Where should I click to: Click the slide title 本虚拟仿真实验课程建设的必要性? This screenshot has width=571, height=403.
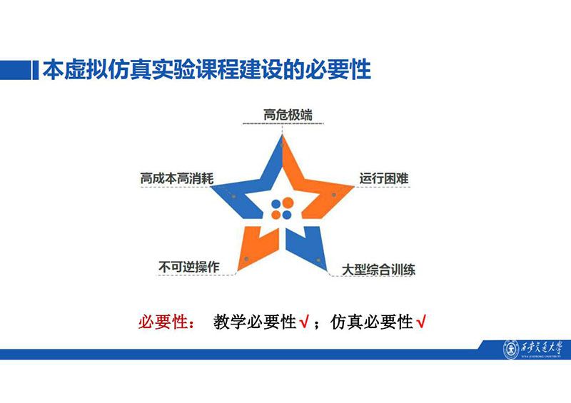tap(207, 69)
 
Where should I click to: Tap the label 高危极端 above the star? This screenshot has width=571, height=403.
tap(288, 115)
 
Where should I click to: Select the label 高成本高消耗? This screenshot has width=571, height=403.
tap(177, 178)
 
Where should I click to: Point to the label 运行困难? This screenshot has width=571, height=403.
tap(384, 178)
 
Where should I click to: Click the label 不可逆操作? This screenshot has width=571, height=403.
tap(189, 267)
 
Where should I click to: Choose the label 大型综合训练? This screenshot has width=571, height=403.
tap(378, 270)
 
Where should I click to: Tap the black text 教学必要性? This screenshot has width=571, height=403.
tap(255, 322)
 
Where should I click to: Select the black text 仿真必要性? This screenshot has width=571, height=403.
tap(372, 322)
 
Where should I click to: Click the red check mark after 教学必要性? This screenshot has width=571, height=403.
tap(304, 322)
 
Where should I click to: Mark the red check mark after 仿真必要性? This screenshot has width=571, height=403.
tap(421, 322)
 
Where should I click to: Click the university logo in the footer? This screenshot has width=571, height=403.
tap(532, 350)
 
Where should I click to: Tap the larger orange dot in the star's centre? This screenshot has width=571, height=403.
tap(288, 203)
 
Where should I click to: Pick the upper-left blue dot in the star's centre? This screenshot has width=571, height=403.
tap(276, 204)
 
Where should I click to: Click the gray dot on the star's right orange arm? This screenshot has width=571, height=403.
tap(333, 195)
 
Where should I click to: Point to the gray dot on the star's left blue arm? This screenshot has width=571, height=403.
tap(233, 196)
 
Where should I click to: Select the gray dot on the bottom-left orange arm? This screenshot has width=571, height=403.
tap(246, 259)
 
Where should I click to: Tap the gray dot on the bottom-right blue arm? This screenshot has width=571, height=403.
tap(318, 260)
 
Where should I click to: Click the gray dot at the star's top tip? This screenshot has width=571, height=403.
tap(282, 145)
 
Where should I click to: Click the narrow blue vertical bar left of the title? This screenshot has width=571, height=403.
tap(35, 69)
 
